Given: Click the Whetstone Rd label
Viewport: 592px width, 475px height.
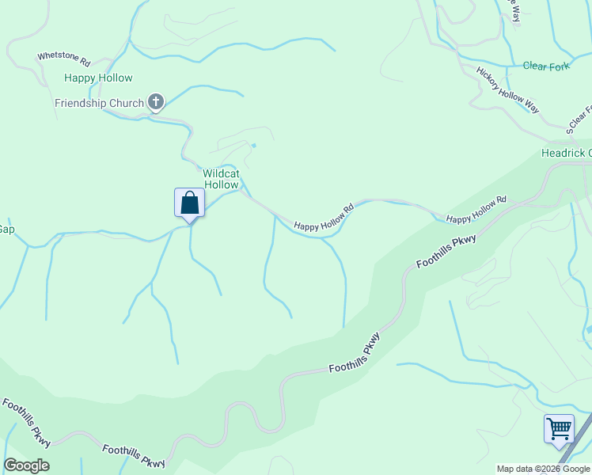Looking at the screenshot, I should click(x=64, y=59).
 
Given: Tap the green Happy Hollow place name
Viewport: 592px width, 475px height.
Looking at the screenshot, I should click(x=98, y=78).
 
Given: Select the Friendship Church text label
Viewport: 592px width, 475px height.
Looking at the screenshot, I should click(x=99, y=103).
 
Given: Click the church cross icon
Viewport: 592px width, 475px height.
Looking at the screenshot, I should click(x=156, y=101).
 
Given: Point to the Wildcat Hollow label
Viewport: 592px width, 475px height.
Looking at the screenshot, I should click(x=221, y=179).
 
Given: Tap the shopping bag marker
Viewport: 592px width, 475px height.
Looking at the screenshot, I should click(x=189, y=203).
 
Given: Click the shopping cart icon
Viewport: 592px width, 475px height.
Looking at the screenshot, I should click(x=559, y=429).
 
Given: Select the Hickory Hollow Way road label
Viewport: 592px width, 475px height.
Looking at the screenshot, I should click(x=507, y=89).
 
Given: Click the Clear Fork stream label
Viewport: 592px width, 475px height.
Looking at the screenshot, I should click(x=546, y=66).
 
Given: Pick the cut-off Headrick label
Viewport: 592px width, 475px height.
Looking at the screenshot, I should click(x=566, y=153).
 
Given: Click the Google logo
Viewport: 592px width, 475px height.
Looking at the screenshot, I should click(x=26, y=465).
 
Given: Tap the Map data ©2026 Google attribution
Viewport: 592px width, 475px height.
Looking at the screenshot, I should click(x=544, y=469).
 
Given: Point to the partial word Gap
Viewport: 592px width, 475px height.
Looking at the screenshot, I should click(x=6, y=229).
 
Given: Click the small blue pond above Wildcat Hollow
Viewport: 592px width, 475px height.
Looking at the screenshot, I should click(x=253, y=146).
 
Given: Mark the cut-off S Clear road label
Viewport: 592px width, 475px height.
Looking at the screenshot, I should click(x=579, y=122).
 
